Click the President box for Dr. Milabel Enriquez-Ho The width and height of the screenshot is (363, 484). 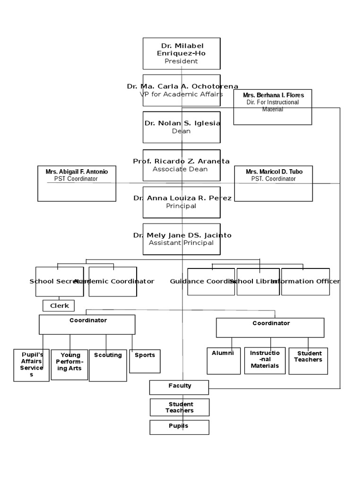[x=181, y=53]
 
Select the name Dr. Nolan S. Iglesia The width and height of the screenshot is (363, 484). [x=182, y=123]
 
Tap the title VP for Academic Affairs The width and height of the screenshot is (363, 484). [x=181, y=94]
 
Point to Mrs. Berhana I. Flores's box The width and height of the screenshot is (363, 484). [x=273, y=107]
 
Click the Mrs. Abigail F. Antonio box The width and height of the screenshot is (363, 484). [x=77, y=183]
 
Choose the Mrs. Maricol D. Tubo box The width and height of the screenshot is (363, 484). [x=273, y=183]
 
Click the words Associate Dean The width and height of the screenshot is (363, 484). [x=180, y=169]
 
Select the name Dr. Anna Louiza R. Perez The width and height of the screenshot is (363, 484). [x=182, y=198]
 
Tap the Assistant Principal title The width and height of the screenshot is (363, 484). [x=181, y=243]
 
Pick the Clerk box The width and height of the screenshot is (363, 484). [x=59, y=306]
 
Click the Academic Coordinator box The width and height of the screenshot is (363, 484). [x=113, y=282]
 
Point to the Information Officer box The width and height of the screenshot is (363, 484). [x=305, y=282]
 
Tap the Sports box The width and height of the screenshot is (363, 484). [x=145, y=361]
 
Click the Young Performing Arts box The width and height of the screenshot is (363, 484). [x=70, y=364]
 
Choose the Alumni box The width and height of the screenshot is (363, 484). [x=223, y=361]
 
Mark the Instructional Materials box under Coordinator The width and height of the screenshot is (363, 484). [x=265, y=360]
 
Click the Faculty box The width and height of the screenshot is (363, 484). [x=180, y=387]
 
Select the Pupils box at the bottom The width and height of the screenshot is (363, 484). [x=179, y=427]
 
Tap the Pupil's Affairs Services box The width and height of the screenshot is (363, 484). [x=31, y=365]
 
